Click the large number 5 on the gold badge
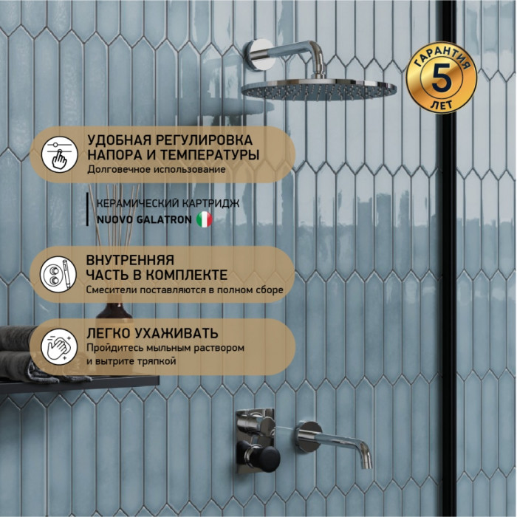(442, 78)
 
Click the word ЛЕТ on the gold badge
(441, 105)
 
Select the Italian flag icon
(205, 219)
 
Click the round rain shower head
(319, 89)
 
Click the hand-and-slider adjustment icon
(60, 154)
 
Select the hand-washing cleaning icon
(59, 346)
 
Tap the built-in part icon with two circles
(58, 274)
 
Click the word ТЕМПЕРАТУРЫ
(210, 154)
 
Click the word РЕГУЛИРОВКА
(204, 140)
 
